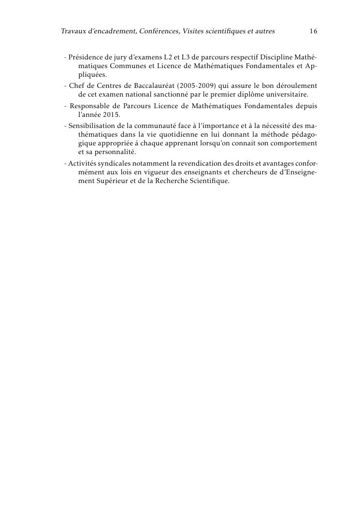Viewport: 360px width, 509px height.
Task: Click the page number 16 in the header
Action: [313, 31]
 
